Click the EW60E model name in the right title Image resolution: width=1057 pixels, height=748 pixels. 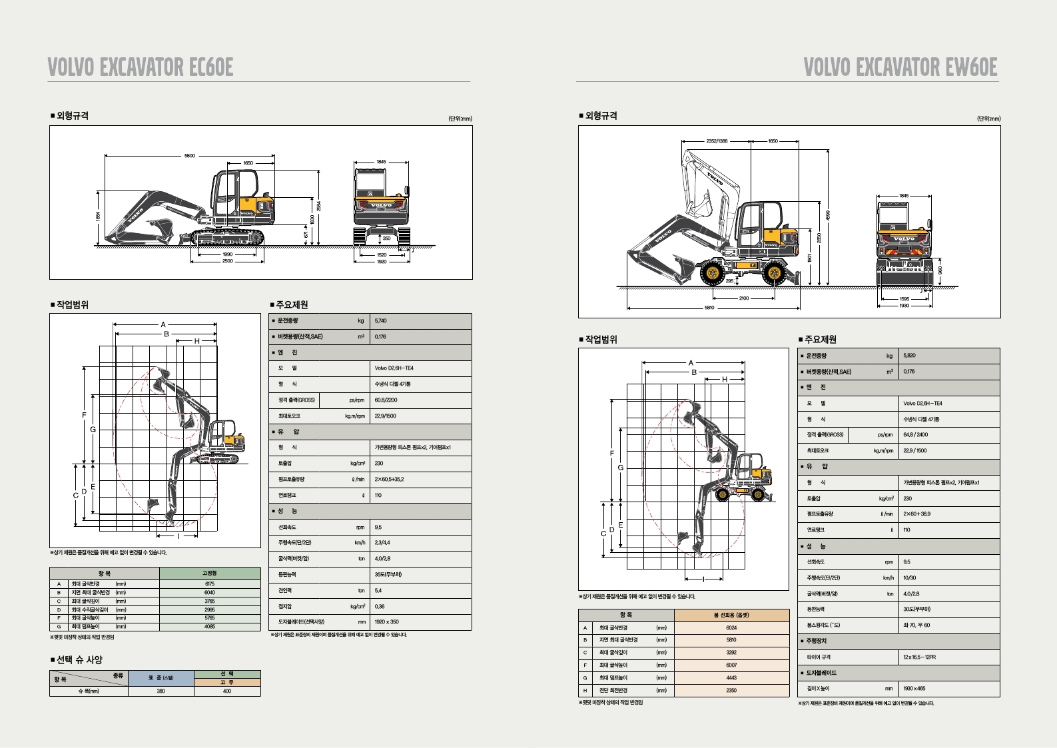[x=971, y=67]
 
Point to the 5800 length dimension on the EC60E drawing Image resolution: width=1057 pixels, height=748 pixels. [x=190, y=156]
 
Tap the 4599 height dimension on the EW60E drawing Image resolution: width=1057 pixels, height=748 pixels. [x=828, y=215]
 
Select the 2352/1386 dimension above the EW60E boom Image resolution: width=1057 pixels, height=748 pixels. [x=717, y=141]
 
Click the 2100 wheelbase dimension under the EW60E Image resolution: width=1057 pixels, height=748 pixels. [x=743, y=298]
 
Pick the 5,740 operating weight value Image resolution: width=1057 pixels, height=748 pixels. [x=380, y=321]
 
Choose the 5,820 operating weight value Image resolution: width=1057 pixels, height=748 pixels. [x=909, y=356]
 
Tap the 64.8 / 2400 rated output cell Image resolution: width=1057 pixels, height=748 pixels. [x=915, y=435]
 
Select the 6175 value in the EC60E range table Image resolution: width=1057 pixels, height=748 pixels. [x=210, y=584]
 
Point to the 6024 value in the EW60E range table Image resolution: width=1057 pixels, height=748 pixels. [x=731, y=628]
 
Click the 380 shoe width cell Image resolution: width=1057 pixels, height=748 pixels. [x=161, y=691]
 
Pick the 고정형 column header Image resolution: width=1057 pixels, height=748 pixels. [x=210, y=573]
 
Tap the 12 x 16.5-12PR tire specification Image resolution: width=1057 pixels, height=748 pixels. [x=919, y=657]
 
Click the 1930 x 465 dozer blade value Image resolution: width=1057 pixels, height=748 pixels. [x=914, y=689]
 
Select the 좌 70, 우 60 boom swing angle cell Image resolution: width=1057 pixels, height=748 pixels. [x=916, y=625]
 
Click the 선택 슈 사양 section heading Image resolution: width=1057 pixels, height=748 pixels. [x=79, y=660]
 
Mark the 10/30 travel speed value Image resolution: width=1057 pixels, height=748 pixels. [x=909, y=578]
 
